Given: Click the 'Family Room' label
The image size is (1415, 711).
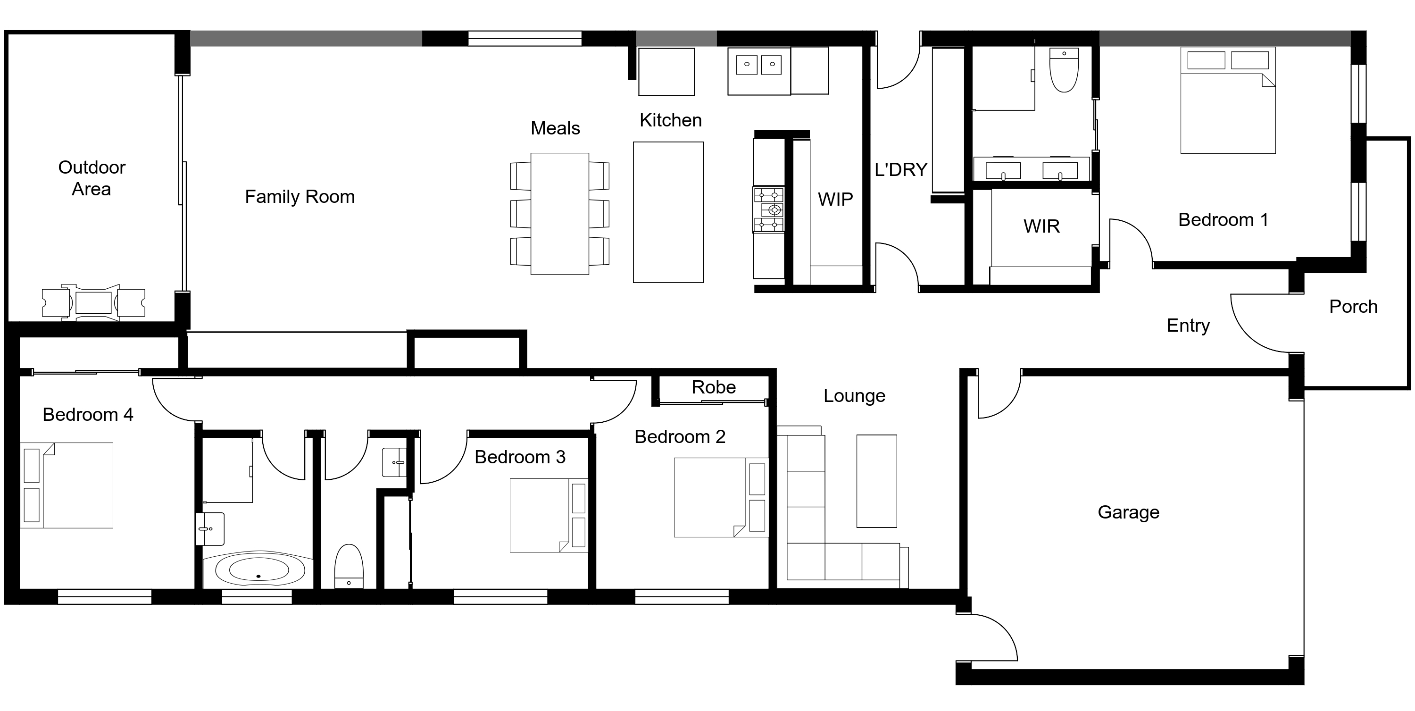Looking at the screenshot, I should point(300,197).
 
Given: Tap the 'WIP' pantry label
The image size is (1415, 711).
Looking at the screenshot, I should point(835,199).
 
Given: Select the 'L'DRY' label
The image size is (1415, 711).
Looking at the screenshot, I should point(901,170).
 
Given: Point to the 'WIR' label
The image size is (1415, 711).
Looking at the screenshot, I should point(1041,226).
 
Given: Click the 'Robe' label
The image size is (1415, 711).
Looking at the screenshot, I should point(713,387).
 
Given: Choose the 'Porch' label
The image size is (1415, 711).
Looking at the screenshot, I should point(1353,307).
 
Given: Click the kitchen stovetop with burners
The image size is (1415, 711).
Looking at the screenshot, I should point(768,209).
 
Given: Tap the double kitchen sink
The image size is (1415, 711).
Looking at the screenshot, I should point(759,64).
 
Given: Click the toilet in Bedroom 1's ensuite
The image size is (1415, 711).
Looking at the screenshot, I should point(1064,70).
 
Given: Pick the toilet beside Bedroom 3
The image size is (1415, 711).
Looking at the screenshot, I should point(349,566).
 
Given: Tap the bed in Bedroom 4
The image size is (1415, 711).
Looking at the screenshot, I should point(67,485).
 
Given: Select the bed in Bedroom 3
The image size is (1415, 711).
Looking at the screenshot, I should point(548,515).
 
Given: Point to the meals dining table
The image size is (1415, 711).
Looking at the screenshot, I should point(559,214).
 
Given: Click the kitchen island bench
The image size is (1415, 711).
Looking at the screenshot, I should point(668,213).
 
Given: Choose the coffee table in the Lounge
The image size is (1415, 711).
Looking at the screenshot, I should point(876,481).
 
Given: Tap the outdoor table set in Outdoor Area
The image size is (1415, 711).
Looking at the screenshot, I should point(93,303).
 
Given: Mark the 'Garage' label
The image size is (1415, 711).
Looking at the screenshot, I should point(1128,512).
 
